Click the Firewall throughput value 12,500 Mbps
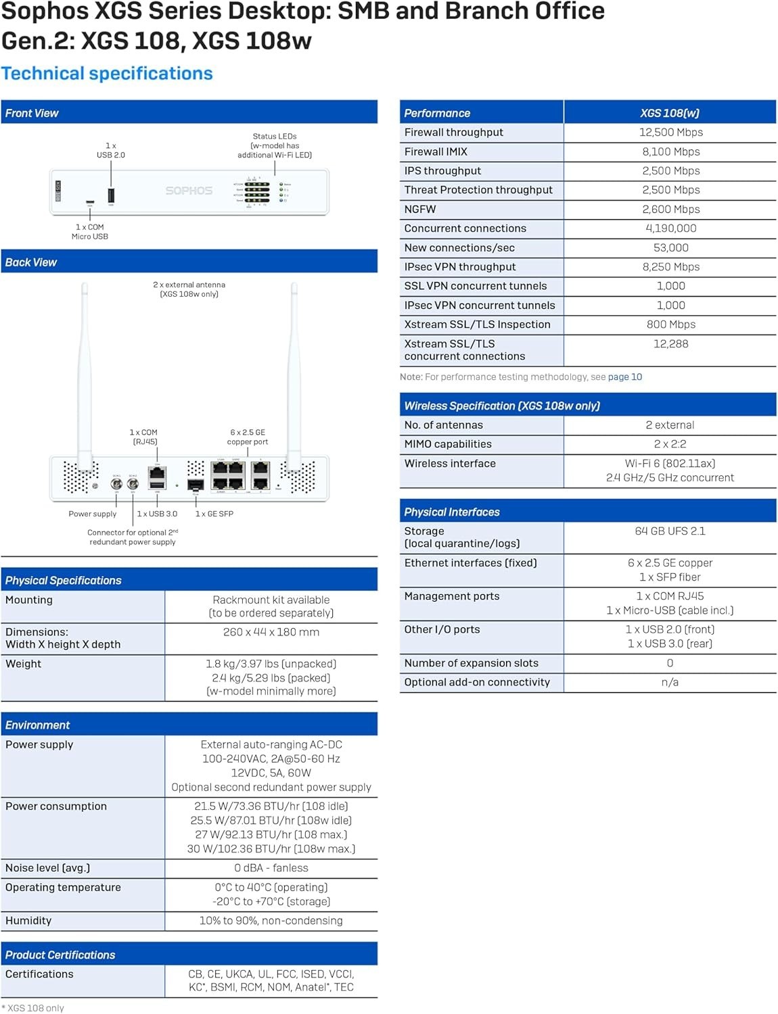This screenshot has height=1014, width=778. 670,132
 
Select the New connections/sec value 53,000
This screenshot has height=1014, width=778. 670,248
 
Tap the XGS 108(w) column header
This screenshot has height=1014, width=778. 670,113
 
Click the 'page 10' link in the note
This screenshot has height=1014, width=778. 624,377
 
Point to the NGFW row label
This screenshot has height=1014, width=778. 420,210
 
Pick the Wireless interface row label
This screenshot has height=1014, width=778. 450,464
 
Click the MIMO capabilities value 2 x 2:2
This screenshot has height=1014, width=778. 670,444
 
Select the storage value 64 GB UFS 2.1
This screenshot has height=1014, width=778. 670,531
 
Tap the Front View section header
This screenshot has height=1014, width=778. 32,113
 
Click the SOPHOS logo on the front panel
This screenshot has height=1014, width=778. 189,191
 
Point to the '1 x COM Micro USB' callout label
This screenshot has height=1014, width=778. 90,232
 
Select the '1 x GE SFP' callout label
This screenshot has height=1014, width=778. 214,514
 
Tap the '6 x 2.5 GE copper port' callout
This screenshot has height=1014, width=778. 248,437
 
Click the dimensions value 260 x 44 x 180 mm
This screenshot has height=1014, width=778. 271,632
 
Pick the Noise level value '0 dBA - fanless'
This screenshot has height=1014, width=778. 271,868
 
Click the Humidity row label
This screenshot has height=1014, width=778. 28,921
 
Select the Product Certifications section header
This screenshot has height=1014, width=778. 60,955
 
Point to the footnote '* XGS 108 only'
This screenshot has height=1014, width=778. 33,1008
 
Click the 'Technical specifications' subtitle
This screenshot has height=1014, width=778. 107,74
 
